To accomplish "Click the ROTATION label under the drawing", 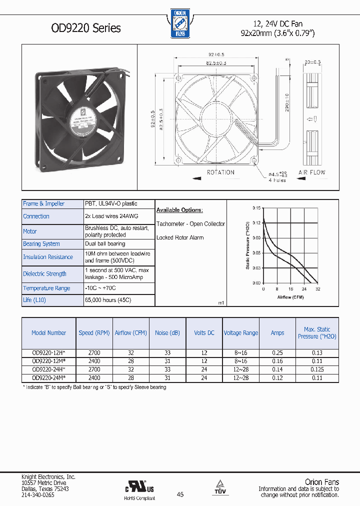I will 220,172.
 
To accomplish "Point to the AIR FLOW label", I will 311,172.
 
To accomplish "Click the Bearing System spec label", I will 41,244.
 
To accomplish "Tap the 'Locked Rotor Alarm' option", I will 180,237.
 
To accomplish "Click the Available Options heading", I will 179,210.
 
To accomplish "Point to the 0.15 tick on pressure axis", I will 256,207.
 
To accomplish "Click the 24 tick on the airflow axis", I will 304,289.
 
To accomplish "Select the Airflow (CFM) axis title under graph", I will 291,297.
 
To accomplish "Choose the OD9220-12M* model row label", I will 49,360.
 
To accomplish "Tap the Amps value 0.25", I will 277,352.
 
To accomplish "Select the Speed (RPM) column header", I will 94,332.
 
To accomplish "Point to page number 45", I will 180,494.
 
